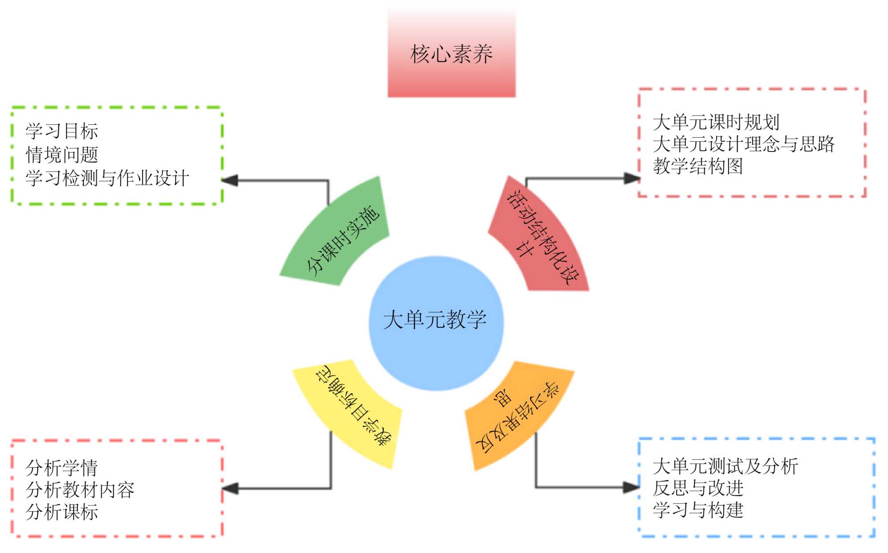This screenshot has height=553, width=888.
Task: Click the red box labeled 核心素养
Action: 452,54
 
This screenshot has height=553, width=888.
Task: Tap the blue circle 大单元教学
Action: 436,323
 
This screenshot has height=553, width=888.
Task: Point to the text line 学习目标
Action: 62,131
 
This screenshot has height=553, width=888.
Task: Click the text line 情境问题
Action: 62,155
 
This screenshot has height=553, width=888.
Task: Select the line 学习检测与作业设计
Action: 107,178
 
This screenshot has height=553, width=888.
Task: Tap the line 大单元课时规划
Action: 716,122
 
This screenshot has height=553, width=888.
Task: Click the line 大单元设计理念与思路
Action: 744,144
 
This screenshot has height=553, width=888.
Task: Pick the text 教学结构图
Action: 698,166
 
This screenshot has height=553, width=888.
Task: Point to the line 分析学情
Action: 62,468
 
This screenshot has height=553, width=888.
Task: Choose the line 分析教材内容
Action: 80,489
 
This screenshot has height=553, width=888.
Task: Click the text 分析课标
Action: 62,512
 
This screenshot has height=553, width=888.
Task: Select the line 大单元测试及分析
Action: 725,466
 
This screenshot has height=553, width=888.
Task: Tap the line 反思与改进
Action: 698,488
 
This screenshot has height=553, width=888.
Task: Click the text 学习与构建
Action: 698,510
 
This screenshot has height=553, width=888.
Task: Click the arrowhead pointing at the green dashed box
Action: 230,180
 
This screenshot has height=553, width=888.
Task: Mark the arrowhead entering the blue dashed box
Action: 631,487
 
